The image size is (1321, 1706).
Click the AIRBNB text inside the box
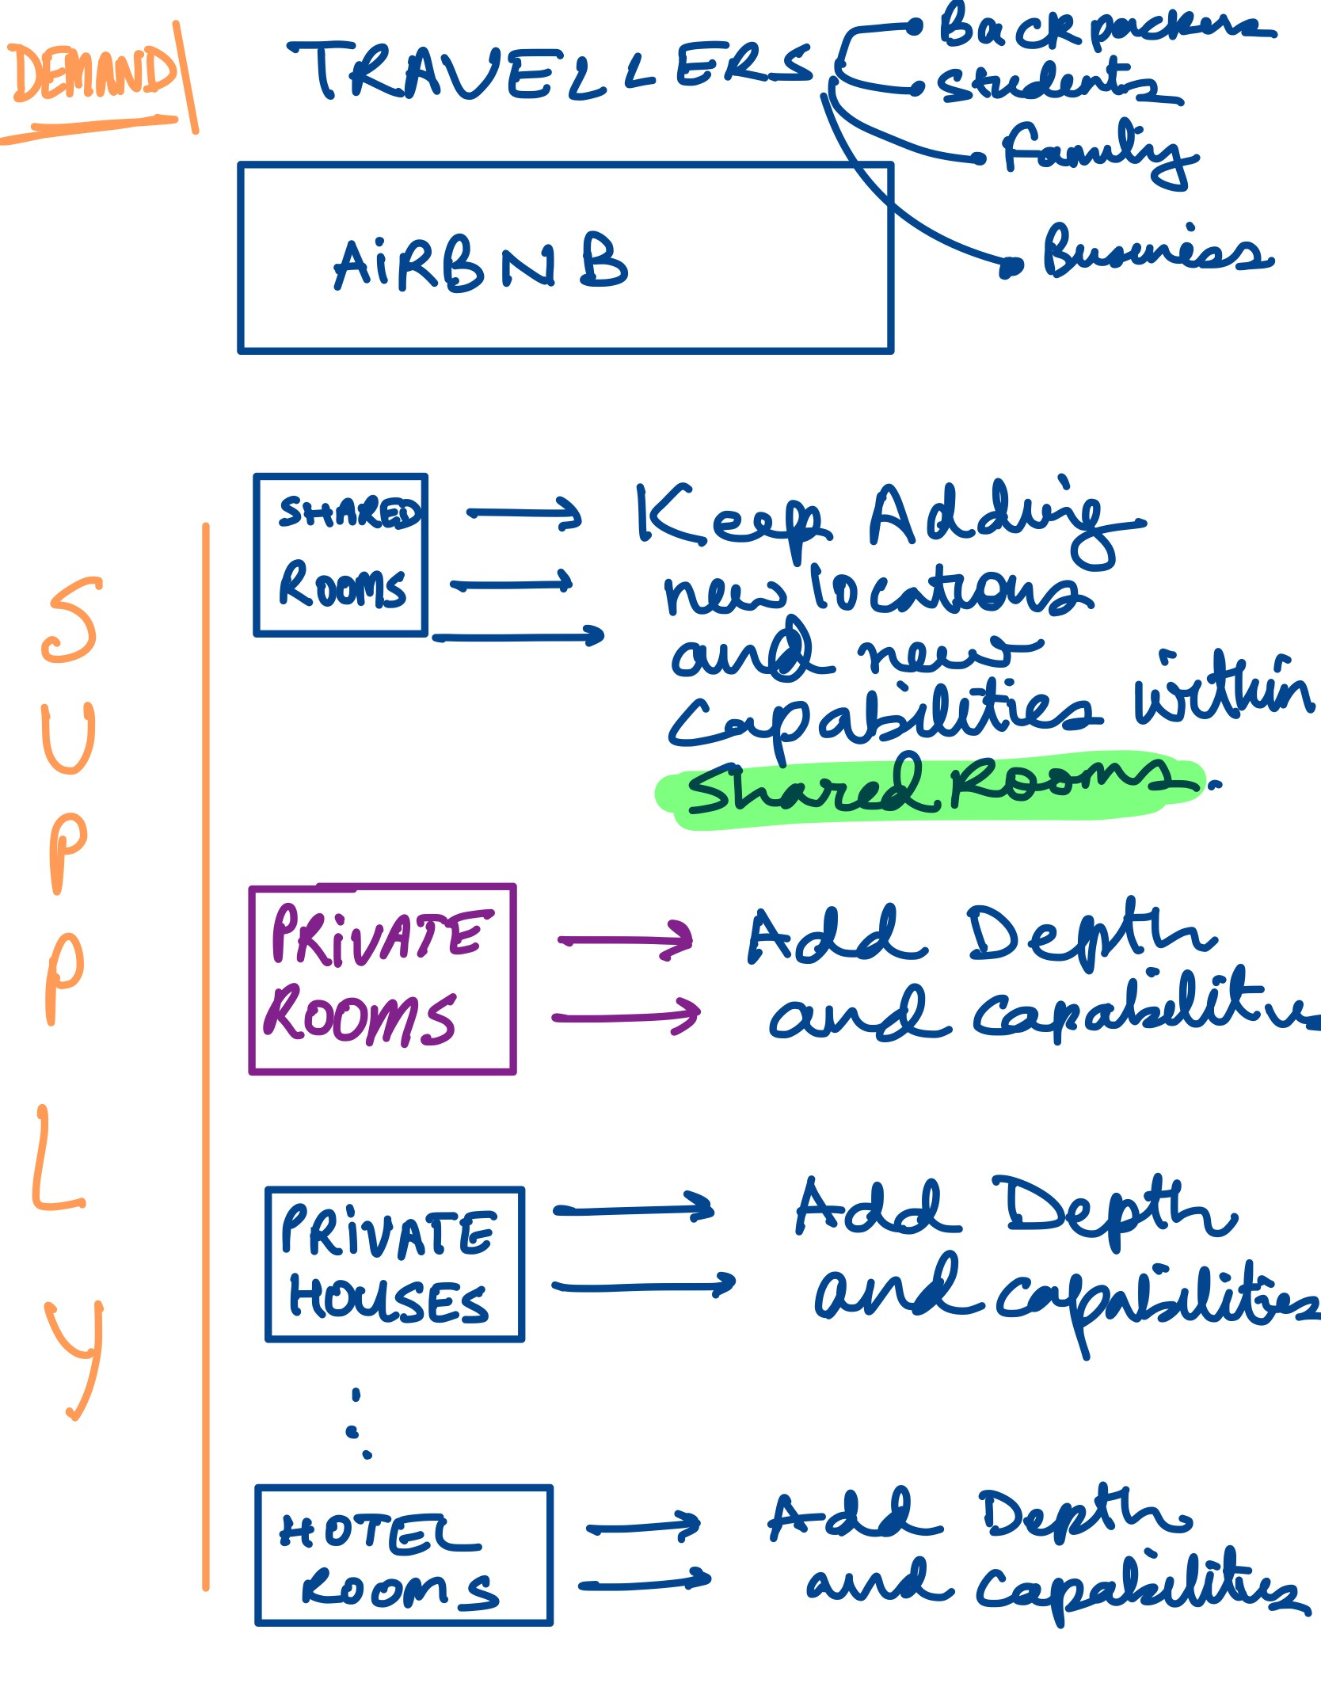480,265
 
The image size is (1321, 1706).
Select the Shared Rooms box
341,555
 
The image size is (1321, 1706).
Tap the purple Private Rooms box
383,979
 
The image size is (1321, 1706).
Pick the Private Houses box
394,1264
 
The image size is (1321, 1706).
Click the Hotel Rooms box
404,1555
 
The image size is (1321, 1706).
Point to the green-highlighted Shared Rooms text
931,787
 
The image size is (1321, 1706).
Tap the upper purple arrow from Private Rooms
626,940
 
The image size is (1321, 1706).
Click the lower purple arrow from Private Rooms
626,1016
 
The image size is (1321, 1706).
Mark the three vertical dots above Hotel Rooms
358,1422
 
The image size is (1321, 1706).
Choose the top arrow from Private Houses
634,1209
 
